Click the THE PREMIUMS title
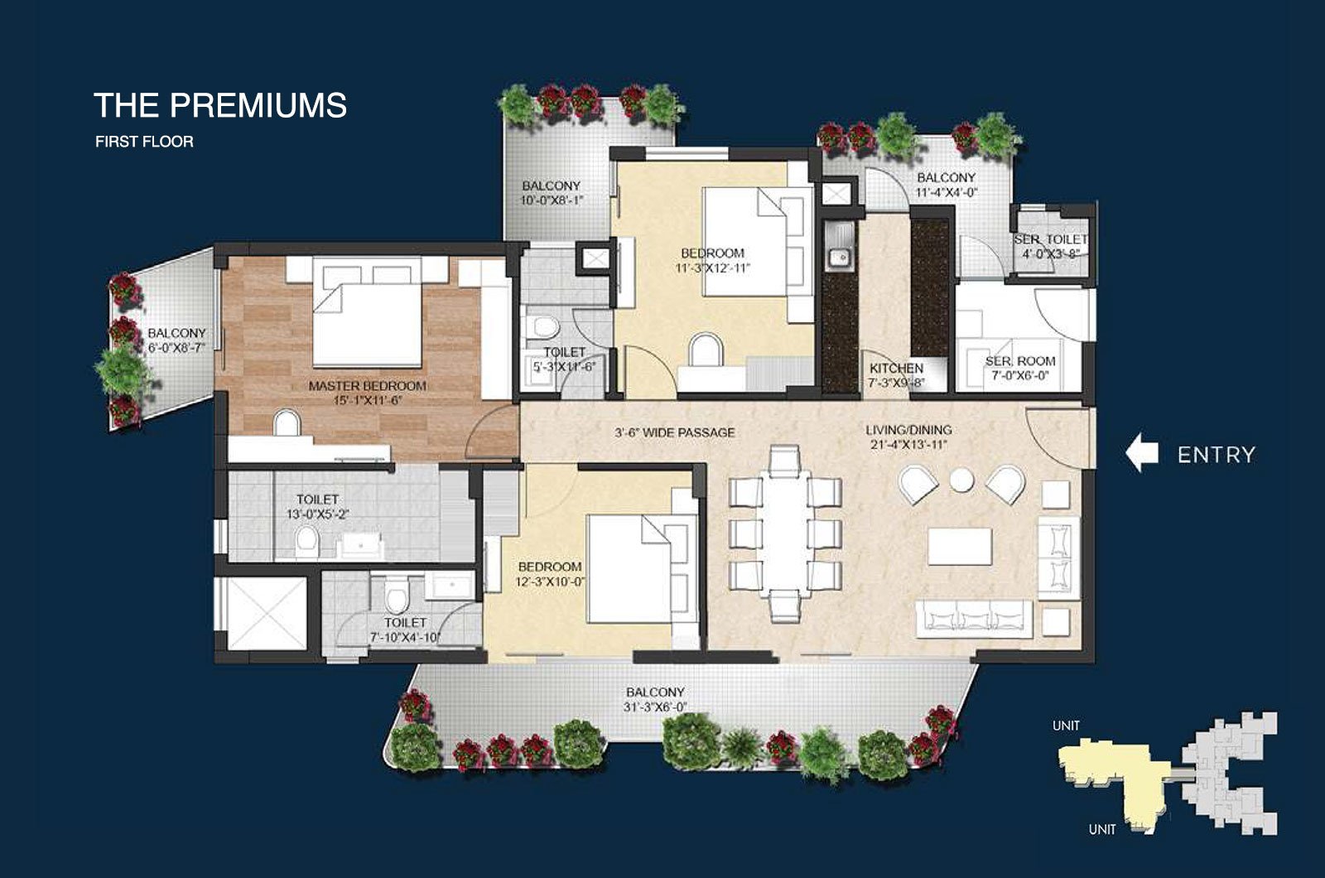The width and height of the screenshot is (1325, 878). (220, 105)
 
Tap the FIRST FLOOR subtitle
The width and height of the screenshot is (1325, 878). (144, 142)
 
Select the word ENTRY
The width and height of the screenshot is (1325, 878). (1217, 455)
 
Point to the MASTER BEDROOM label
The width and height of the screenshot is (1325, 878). (368, 386)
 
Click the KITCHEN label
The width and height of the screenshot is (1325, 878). (896, 368)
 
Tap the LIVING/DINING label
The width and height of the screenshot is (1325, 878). (908, 430)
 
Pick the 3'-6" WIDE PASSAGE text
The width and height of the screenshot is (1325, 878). (674, 432)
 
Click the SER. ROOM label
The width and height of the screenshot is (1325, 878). (1020, 361)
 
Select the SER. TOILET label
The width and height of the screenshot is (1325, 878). (1051, 239)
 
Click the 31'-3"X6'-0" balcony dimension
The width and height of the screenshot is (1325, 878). (655, 707)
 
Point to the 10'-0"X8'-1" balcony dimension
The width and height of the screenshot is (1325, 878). (552, 200)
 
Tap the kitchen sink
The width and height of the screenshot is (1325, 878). (839, 257)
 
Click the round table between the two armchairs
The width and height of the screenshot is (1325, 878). (961, 480)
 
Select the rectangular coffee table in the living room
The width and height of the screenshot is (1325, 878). (960, 546)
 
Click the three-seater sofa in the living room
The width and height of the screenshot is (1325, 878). (974, 619)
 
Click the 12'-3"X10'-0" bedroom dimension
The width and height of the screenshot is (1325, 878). (550, 581)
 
